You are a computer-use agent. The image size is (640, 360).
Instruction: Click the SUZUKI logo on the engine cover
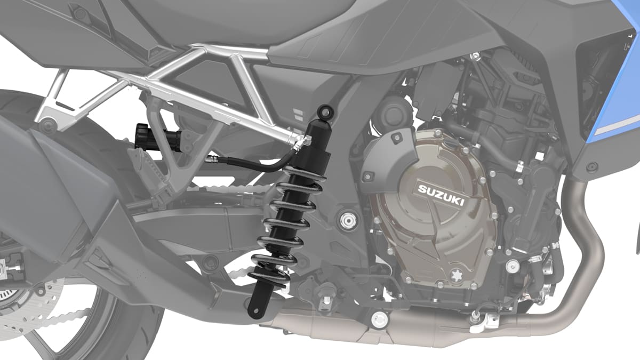click(x=441, y=195)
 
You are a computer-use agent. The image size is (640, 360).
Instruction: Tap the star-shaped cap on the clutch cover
click(x=457, y=275)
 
